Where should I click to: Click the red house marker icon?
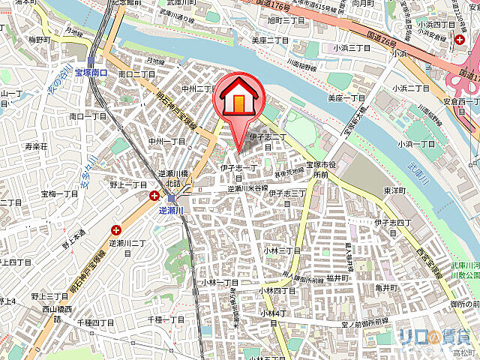click(238, 97)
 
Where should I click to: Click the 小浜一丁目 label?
click(417, 143)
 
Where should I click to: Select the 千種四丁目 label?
click(95, 322)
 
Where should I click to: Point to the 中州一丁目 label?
click(166, 141)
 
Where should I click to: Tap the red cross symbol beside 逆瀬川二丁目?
click(117, 230)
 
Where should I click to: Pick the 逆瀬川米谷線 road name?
click(248, 189)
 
